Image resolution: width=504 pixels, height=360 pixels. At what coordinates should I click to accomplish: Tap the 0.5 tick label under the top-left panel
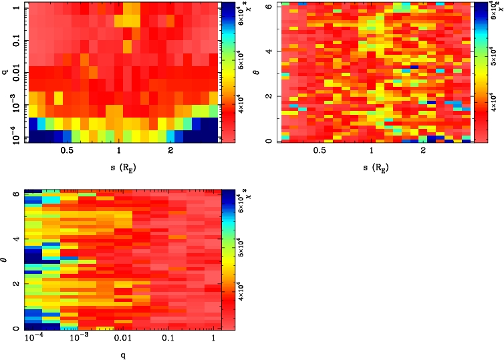[x=66, y=152]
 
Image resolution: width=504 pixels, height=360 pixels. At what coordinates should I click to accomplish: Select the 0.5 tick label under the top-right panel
[x=319, y=152]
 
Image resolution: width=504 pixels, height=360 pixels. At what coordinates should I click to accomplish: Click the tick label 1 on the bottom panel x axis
[x=213, y=340]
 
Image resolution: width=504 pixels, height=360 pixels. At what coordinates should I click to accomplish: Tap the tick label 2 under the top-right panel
[x=423, y=152]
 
